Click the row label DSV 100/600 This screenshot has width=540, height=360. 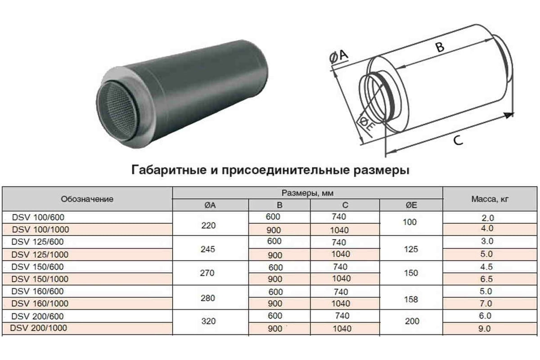[x=38, y=217]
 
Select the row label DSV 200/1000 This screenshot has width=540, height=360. [x=39, y=328]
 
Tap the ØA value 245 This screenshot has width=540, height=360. [x=208, y=249]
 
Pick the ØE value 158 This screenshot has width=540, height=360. [x=411, y=299]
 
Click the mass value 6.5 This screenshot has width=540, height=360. [x=486, y=279]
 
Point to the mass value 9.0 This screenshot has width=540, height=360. [x=485, y=328]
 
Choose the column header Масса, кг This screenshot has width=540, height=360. [x=490, y=199]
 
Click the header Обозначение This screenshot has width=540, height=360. [x=87, y=199]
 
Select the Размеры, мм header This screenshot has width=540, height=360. [x=308, y=193]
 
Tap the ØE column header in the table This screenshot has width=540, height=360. [x=411, y=205]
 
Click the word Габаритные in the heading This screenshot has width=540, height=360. [x=169, y=170]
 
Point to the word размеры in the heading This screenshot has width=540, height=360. [x=382, y=171]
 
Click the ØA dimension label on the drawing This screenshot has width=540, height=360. [x=339, y=56]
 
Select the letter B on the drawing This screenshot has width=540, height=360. [x=440, y=47]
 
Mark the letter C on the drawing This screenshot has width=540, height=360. [x=458, y=140]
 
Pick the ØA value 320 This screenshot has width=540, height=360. [x=208, y=321]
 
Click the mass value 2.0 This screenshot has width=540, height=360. [x=488, y=218]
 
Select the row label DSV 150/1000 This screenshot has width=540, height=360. [x=40, y=279]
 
